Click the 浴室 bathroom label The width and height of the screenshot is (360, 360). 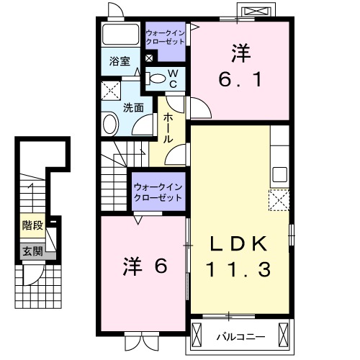(120, 62)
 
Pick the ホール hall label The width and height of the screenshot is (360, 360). (168, 128)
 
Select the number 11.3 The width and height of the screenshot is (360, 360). (239, 270)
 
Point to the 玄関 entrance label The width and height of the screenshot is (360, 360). (32, 251)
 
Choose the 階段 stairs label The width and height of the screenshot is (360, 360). (32, 225)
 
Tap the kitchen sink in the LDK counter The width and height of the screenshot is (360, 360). (279, 175)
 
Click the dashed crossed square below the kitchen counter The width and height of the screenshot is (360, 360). (279, 199)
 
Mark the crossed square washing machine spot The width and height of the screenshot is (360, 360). (112, 91)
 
